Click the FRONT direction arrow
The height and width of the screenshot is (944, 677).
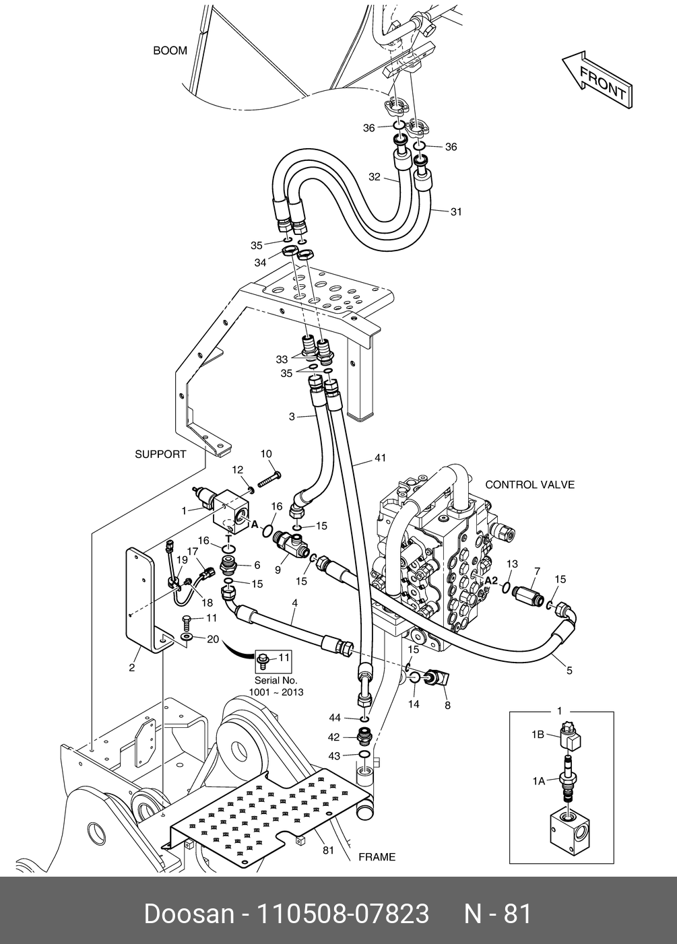tap(597, 79)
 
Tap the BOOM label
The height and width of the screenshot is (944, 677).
tap(170, 50)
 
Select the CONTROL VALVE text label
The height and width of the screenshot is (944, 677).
tap(529, 484)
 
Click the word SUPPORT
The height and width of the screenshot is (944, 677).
tap(160, 454)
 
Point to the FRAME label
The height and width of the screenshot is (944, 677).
tap(377, 857)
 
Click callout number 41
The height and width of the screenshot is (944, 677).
tap(381, 459)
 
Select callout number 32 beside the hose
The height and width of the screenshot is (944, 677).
tap(375, 177)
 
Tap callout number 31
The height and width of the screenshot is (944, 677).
tap(456, 212)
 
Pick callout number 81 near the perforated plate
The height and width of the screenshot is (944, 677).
tap(328, 850)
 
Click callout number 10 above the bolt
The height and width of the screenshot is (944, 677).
tap(265, 454)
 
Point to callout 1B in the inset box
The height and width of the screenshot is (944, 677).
tap(538, 735)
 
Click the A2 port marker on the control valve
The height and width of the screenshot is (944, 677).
tap(490, 580)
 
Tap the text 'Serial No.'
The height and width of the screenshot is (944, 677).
tap(276, 681)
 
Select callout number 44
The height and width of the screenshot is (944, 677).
tap(335, 717)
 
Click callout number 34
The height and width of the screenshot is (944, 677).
tap(260, 263)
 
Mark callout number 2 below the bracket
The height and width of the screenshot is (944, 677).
tap(132, 668)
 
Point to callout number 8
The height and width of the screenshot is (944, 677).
tap(447, 706)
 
